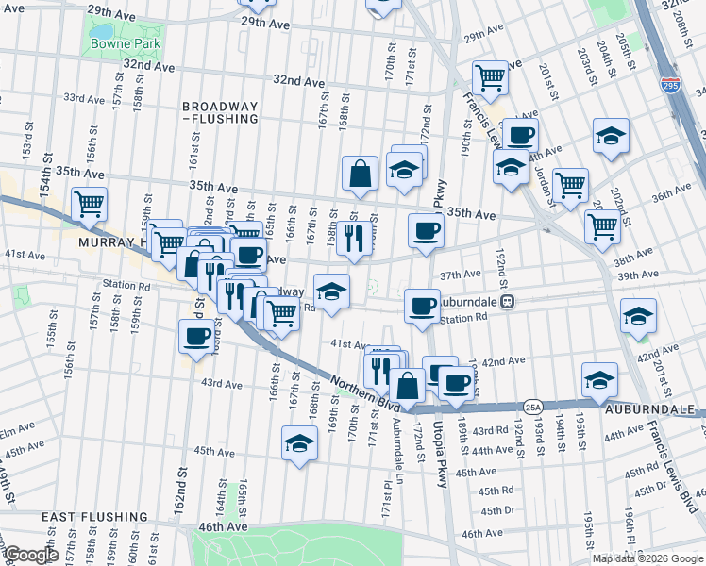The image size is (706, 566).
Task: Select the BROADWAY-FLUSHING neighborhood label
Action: coord(220,113)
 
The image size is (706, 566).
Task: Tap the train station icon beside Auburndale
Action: coord(508,302)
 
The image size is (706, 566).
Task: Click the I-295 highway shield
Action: coord(671,84)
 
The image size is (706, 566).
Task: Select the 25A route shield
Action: coord(533,407)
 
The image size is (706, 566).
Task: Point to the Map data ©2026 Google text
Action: coord(647,558)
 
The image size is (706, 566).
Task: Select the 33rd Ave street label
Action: coord(83,97)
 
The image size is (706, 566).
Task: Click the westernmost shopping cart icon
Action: coord(89,203)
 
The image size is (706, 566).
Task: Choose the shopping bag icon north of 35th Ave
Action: coord(360,173)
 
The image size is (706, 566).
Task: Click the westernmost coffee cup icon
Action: coord(196,336)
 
